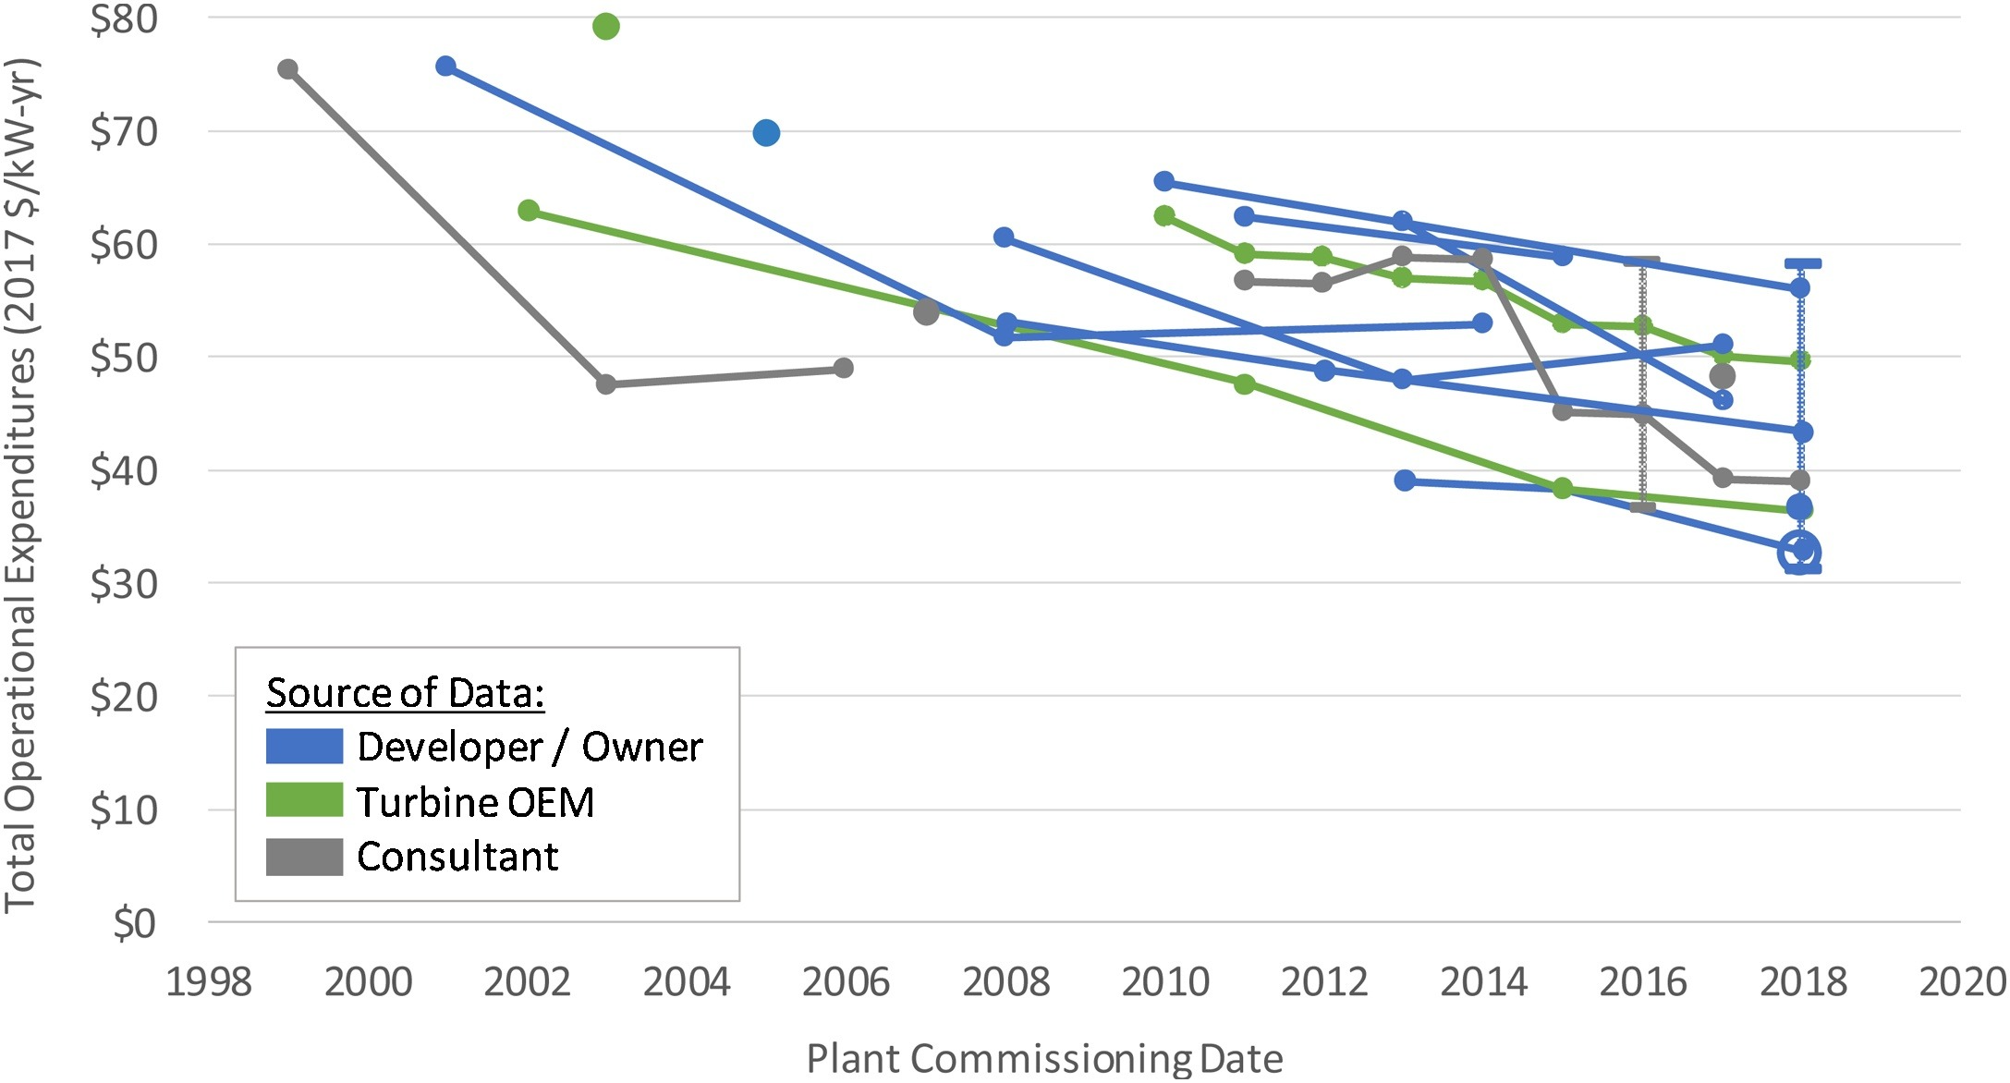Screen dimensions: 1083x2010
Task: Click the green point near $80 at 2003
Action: click(605, 26)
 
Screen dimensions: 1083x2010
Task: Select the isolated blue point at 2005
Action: click(766, 133)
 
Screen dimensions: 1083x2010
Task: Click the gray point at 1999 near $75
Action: click(287, 69)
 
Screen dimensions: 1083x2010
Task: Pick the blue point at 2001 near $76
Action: click(445, 67)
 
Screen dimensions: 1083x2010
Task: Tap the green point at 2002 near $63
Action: click(528, 211)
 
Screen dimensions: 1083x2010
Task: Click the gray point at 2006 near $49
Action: click(843, 368)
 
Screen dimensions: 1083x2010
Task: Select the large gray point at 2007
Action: click(926, 312)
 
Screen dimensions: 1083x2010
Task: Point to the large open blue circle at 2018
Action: click(1798, 553)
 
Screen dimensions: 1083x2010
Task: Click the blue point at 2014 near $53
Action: click(1482, 322)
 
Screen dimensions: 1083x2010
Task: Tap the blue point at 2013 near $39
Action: click(1405, 481)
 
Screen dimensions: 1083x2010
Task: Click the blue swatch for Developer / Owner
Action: click(304, 746)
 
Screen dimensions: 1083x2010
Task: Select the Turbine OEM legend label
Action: click(475, 802)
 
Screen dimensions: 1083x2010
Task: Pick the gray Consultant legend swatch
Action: click(304, 857)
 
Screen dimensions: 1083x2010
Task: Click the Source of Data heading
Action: click(405, 693)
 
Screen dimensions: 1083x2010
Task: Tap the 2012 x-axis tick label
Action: click(1323, 981)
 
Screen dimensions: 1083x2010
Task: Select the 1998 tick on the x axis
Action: click(209, 981)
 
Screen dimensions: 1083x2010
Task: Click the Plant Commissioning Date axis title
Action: click(1044, 1058)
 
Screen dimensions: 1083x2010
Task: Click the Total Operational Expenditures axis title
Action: click(20, 485)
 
